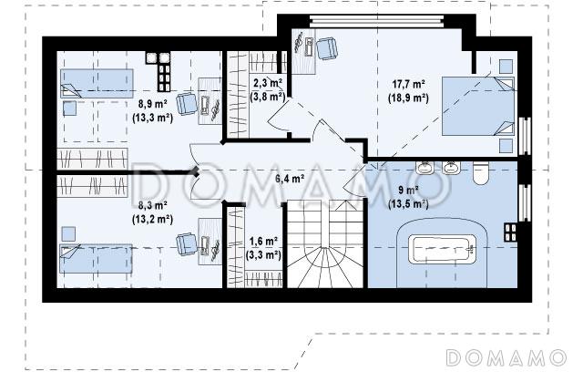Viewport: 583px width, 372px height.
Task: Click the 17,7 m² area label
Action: click(x=408, y=84)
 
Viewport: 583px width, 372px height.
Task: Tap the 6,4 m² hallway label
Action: click(x=290, y=179)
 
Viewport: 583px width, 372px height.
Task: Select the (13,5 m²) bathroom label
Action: click(x=408, y=203)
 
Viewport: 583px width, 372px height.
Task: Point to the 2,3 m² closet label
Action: click(x=267, y=83)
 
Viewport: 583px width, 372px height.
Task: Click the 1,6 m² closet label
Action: click(x=263, y=242)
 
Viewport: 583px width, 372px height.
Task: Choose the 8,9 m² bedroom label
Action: click(x=152, y=104)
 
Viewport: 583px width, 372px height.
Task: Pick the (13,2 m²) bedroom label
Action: click(x=152, y=219)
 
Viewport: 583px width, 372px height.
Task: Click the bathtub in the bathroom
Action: click(x=442, y=249)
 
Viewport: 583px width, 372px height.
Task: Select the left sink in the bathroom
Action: click(x=424, y=168)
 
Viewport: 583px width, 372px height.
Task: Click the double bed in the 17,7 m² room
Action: click(x=477, y=106)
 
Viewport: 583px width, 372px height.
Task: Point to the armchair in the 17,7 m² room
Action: click(x=327, y=48)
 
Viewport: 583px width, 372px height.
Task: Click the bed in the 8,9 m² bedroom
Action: click(x=97, y=83)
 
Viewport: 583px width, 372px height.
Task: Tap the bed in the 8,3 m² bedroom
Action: click(x=96, y=259)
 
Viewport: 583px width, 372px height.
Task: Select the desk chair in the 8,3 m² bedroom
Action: click(x=187, y=244)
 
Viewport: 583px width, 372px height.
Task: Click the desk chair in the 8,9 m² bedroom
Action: click(x=187, y=104)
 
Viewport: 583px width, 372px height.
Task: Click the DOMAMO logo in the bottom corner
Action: click(x=506, y=357)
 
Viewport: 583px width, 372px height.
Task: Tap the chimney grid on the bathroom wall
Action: click(x=510, y=232)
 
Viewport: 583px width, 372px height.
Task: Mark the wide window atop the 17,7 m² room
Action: click(x=376, y=20)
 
